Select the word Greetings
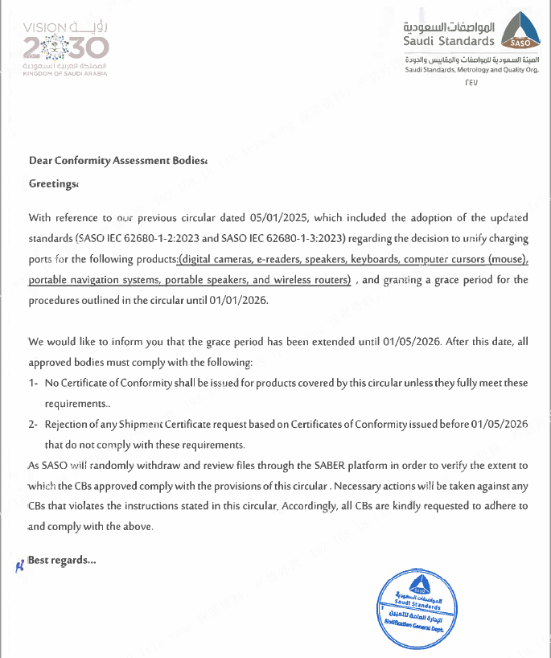coord(51,183)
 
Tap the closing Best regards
coord(62,560)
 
